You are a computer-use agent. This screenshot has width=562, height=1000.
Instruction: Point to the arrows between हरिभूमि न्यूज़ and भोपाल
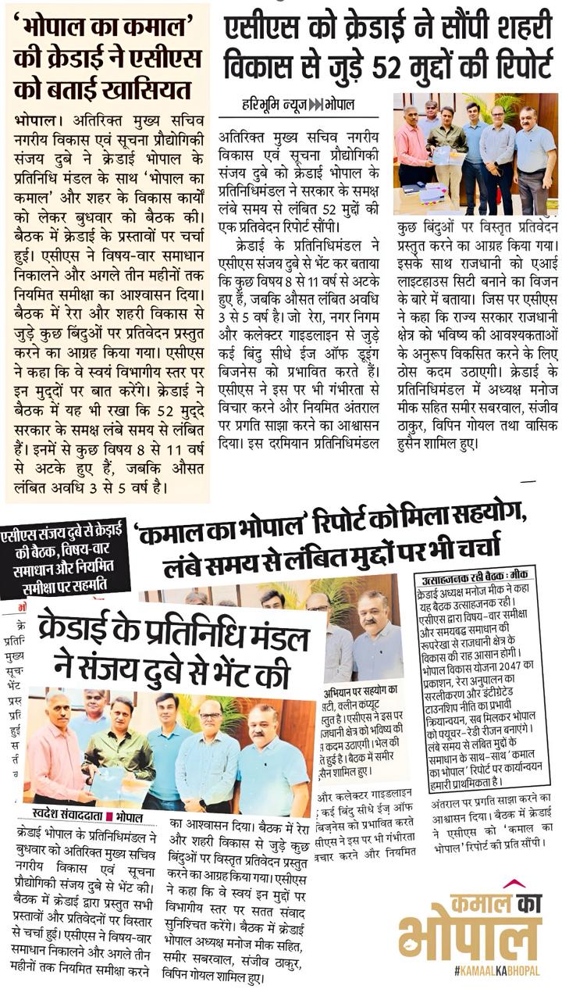click(316, 105)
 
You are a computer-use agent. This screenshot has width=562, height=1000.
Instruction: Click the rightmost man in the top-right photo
click(535, 160)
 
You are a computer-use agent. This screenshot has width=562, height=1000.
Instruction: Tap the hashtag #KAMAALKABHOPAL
click(496, 970)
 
